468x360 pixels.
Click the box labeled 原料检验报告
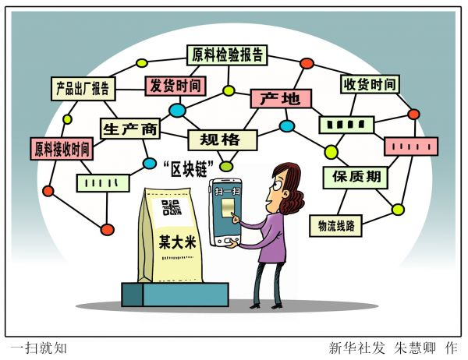pyautogui.click(x=229, y=55)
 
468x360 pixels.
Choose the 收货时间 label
pyautogui.click(x=368, y=84)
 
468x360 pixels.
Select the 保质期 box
pyautogui.click(x=355, y=177)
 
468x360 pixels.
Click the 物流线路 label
pyautogui.click(x=336, y=226)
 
